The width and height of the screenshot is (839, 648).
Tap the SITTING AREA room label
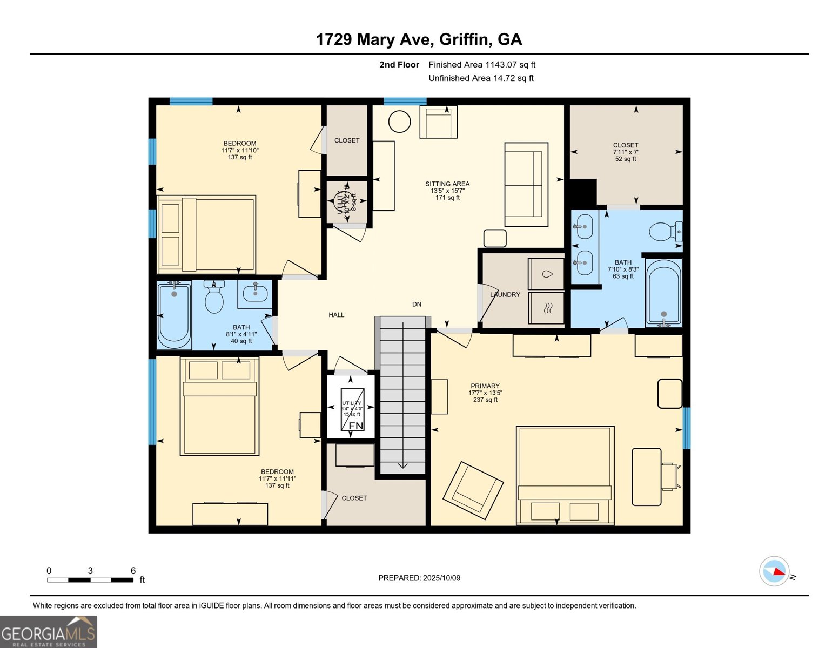pos(447,184)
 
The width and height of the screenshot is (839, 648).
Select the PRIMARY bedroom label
pos(485,386)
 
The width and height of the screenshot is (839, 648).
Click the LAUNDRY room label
pos(505,295)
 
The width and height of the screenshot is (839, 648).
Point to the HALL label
pos(336,315)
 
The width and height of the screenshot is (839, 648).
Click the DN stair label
pos(417,305)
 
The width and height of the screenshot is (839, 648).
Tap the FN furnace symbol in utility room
pos(355,426)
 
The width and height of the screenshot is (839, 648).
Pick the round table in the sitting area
pos(400,121)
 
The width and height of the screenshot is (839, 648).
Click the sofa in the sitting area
pos(526,184)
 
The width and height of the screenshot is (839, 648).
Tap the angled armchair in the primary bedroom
pos(473,488)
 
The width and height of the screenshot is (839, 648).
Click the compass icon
pos(774,571)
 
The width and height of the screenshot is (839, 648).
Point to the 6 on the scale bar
pos(133,571)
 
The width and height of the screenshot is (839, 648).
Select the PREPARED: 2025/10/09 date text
pos(419,578)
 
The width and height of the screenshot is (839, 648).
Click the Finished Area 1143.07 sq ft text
pos(482,65)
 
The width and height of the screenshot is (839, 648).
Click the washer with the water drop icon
pos(547,274)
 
